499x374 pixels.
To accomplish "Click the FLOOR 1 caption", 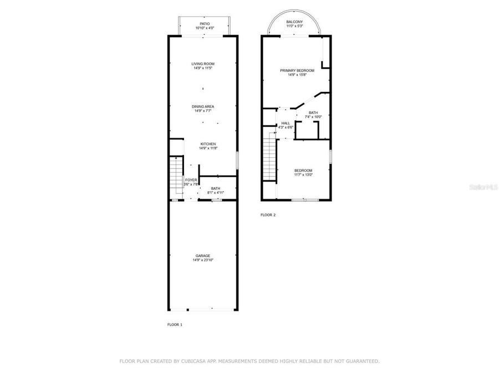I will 175,324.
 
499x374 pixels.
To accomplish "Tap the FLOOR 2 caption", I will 268,214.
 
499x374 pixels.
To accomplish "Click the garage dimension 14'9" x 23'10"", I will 202,260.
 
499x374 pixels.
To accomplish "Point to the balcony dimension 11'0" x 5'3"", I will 294,26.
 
